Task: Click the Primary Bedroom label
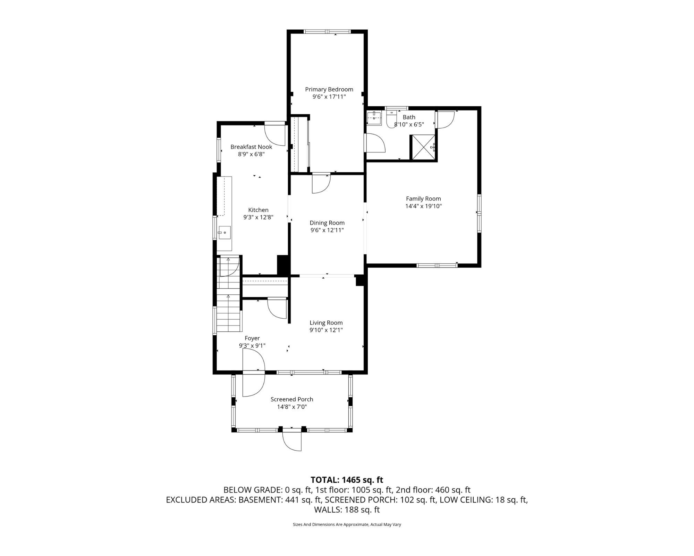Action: tap(329, 89)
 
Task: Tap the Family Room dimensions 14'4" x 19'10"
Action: tap(423, 206)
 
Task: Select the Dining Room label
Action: tap(327, 223)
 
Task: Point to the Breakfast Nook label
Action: tap(251, 147)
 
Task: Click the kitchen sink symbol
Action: tap(225, 232)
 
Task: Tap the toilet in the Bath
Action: tap(391, 119)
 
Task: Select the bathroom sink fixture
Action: tap(374, 118)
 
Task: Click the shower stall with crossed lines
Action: tap(423, 147)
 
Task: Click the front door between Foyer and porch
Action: tap(254, 373)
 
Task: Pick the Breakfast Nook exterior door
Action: tap(275, 134)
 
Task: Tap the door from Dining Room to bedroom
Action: tap(321, 183)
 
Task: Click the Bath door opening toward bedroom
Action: tap(375, 143)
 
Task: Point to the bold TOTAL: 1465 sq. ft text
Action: tap(347, 480)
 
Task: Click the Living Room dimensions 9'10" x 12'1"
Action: tap(326, 330)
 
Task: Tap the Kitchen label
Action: tap(258, 210)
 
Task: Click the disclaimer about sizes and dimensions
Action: tap(347, 525)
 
